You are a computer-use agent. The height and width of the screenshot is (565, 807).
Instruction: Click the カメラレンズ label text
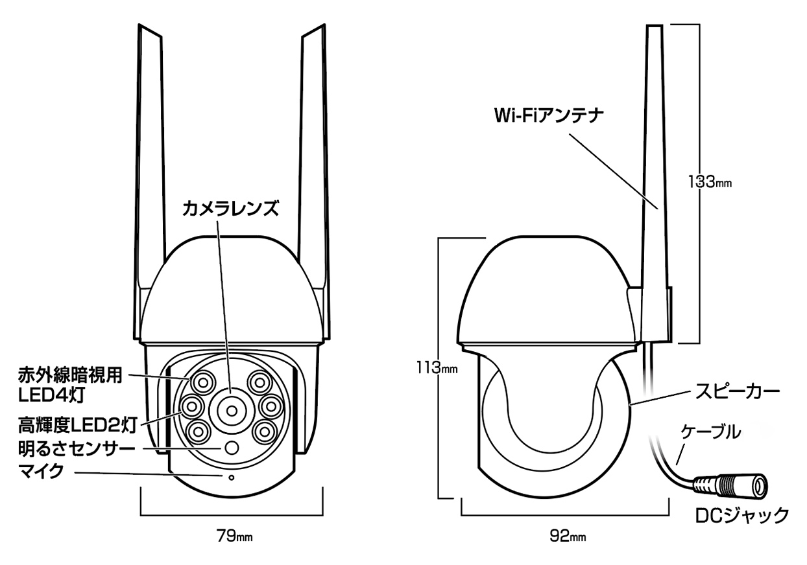coord(230,208)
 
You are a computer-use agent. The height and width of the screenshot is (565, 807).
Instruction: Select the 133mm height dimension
coord(710,182)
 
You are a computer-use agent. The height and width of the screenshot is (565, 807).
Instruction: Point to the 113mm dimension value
coord(436,369)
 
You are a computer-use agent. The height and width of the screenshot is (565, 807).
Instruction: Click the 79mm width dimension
coord(234,536)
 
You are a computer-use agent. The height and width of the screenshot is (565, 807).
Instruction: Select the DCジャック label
coord(741,516)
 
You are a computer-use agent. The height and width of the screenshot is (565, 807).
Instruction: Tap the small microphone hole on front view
coord(230,478)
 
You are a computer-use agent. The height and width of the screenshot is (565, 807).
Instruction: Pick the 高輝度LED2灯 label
coord(76,425)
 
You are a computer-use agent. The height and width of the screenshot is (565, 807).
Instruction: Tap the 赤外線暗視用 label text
coord(69,375)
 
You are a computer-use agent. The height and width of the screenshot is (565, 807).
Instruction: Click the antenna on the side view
coord(655,162)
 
